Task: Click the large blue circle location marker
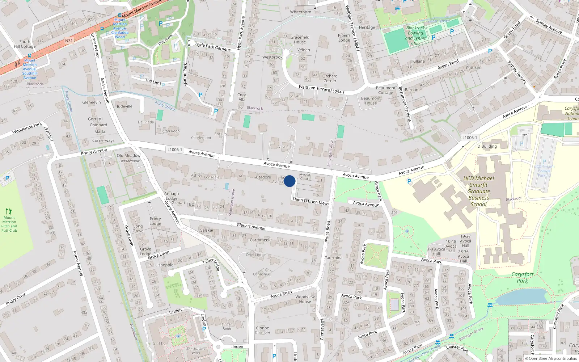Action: tap(289, 181)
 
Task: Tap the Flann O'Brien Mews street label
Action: tap(310, 201)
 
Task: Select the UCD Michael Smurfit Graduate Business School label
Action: tap(478, 191)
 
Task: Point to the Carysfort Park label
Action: tap(522, 278)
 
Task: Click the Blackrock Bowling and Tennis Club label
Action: tap(415, 35)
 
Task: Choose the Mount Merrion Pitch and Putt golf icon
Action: tap(9, 211)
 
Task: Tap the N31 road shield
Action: tap(69, 41)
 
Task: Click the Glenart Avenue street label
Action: tap(251, 227)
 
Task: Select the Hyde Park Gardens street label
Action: tap(213, 47)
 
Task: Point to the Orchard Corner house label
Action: tap(330, 78)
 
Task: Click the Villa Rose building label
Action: tap(286, 147)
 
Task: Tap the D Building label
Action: tap(487, 146)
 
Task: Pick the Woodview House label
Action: tap(305, 299)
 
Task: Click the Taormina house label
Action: tap(333, 258)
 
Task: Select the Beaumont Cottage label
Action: tap(385, 90)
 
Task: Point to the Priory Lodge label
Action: tap(155, 221)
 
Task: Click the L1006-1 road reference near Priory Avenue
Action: tap(175, 150)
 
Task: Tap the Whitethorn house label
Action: tap(300, 12)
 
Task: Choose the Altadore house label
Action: tap(263, 177)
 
